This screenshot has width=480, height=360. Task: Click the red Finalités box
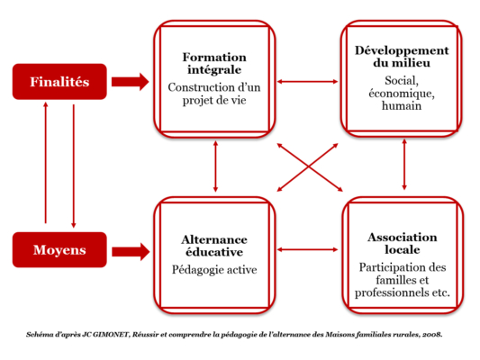[59, 82]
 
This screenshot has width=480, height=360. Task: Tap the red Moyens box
[59, 250]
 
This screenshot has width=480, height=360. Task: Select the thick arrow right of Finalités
[130, 82]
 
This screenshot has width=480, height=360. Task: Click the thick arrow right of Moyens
[131, 252]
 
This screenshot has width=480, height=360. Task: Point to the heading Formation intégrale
[214, 63]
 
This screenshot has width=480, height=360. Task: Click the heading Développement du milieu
[402, 57]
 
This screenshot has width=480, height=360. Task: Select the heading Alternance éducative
[214, 246]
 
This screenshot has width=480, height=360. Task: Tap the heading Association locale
[403, 244]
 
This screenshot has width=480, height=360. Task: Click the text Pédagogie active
[214, 270]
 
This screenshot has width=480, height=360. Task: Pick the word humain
[402, 106]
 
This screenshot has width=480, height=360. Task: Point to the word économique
[402, 94]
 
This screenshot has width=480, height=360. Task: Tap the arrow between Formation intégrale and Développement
[307, 82]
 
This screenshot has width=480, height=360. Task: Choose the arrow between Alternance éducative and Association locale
[307, 250]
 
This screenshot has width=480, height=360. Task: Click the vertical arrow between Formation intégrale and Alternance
[215, 166]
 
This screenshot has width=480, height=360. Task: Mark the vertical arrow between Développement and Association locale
[404, 165]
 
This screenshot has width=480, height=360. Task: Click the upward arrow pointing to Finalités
[46, 162]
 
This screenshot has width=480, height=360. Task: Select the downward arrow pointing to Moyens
[74, 166]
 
